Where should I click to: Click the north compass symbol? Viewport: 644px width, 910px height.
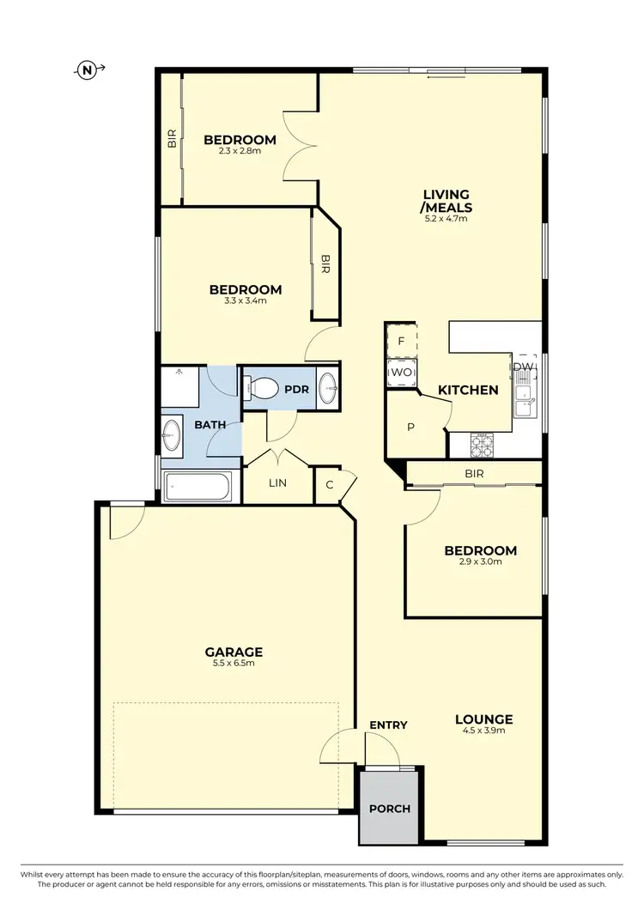(x=88, y=70)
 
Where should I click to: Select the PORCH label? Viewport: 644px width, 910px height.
(x=390, y=809)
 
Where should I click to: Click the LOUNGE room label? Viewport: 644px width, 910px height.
(x=485, y=719)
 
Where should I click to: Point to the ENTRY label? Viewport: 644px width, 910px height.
(x=388, y=725)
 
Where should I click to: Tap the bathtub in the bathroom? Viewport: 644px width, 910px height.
(x=198, y=488)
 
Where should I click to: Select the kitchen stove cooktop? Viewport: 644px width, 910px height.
(x=481, y=444)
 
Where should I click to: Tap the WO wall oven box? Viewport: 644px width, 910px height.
(x=401, y=373)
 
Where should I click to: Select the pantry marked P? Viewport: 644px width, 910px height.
(x=411, y=427)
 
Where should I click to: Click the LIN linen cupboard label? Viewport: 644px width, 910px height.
(x=277, y=483)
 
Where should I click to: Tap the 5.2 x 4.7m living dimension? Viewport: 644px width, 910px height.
(x=446, y=219)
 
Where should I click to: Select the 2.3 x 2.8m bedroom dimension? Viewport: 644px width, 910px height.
(x=240, y=151)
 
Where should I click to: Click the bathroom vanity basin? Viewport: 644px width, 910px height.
(x=171, y=433)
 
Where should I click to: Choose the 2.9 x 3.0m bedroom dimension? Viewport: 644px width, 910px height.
(x=480, y=562)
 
